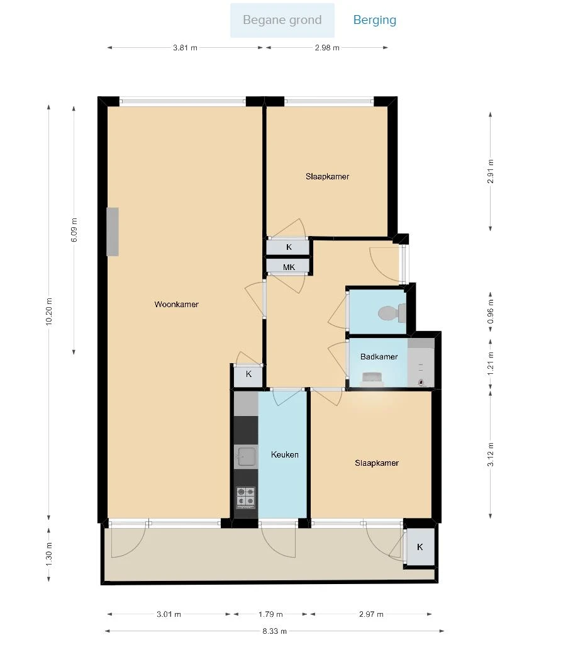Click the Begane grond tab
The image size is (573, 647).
(x=282, y=20)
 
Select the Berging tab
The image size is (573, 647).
(x=374, y=20)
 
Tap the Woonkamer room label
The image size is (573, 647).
(x=176, y=305)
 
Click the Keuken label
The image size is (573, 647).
(x=284, y=454)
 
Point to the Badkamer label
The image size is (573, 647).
(x=379, y=357)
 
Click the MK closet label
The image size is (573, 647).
(x=289, y=267)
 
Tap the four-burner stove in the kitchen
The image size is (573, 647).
(x=245, y=497)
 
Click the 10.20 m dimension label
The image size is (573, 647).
(x=49, y=310)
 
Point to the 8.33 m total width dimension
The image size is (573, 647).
(x=274, y=631)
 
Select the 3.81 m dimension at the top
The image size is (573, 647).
(x=185, y=48)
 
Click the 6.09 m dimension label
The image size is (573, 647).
(x=74, y=230)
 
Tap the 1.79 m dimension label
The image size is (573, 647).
(x=270, y=614)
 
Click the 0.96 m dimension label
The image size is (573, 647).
(x=491, y=308)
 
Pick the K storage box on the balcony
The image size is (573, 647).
(x=420, y=547)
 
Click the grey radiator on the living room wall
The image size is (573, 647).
(x=113, y=232)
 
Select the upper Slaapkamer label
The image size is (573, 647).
(x=327, y=177)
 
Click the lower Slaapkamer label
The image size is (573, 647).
(x=376, y=463)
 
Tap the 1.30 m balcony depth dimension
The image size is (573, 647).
(x=49, y=553)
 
